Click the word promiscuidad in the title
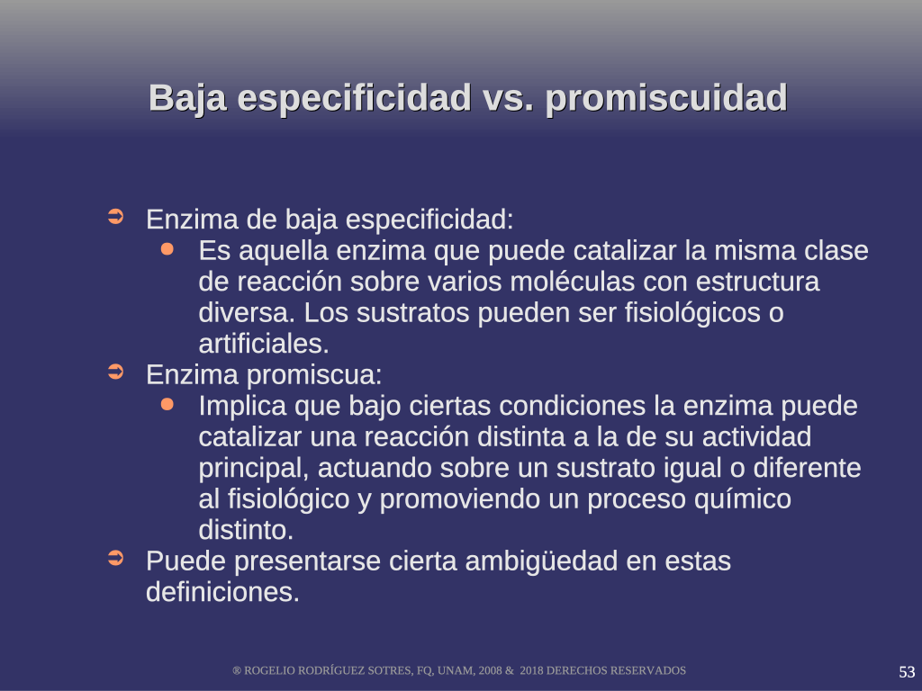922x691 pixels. pyautogui.click(x=666, y=98)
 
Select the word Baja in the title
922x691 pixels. pyautogui.click(x=187, y=98)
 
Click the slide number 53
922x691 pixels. pyautogui.click(x=907, y=671)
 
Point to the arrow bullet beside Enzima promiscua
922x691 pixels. pyautogui.click(x=116, y=372)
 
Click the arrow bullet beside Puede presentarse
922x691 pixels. pyautogui.click(x=116, y=558)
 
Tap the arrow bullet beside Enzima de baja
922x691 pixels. pyautogui.click(x=116, y=217)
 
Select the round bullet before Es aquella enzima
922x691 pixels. pyautogui.click(x=167, y=249)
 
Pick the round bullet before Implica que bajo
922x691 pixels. pyautogui.click(x=167, y=404)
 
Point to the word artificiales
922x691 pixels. pyautogui.click(x=264, y=344)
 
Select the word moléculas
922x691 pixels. pyautogui.click(x=572, y=282)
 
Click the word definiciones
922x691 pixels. pyautogui.click(x=223, y=592)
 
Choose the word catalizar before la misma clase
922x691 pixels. pyautogui.click(x=625, y=251)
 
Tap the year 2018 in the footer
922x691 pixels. pyautogui.click(x=531, y=671)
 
